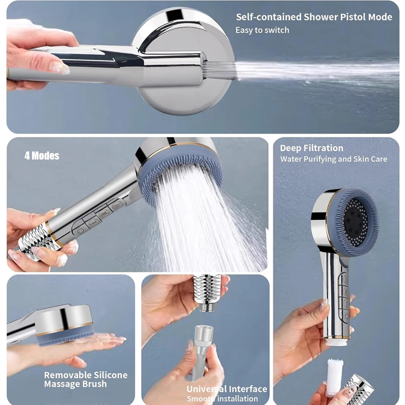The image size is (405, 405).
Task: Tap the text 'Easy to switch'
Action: click(x=262, y=30)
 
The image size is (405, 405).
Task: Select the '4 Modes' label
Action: click(x=42, y=156)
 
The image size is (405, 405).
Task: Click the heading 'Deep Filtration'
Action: click(x=311, y=148)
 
